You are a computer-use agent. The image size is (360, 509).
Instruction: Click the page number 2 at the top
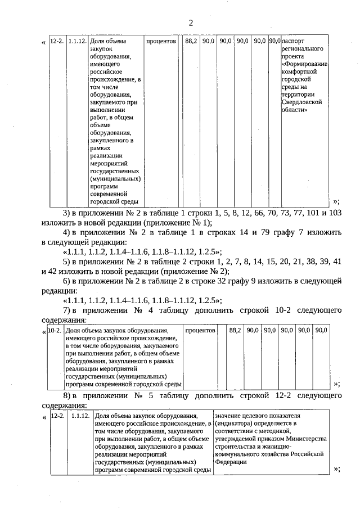191,23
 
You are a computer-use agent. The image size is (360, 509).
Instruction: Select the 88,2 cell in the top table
191,41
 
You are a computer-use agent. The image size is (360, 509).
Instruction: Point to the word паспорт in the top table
294,41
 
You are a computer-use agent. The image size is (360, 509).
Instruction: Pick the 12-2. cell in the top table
57,41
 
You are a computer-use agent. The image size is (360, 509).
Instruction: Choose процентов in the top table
161,41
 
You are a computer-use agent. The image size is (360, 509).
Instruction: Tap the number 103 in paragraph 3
335,214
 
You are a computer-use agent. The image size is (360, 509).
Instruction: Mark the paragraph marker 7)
66,310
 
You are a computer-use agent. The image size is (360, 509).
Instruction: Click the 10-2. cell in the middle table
55,330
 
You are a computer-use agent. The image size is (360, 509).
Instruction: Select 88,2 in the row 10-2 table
235,330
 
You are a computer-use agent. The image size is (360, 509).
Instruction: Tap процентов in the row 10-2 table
200,330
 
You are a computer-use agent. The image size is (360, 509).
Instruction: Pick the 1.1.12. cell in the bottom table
80,416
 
